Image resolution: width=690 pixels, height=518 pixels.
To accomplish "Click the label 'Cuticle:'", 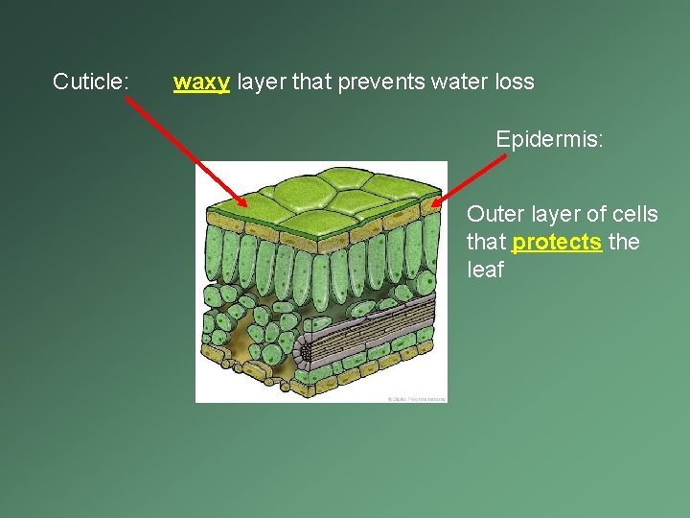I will coord(91,82).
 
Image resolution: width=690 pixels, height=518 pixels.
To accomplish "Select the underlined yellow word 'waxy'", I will coord(201,82).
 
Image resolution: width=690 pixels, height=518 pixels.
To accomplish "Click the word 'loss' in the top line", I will coord(515,82).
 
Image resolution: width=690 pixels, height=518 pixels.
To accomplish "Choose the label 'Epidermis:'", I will coord(549,139).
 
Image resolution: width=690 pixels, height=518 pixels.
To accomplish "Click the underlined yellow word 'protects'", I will coord(557,242).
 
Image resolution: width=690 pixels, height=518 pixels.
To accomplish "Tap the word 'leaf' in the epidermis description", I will coord(485,270).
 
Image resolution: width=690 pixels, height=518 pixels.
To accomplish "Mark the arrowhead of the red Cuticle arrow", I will coord(243,203).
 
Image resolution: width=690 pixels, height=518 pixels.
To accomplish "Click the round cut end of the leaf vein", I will coord(306,351).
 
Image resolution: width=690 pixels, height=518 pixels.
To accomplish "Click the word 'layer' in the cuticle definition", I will coord(262,82).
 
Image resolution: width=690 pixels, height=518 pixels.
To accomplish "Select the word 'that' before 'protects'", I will coord(486,242).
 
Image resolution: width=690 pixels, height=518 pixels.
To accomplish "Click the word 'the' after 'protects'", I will coord(624,242).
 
